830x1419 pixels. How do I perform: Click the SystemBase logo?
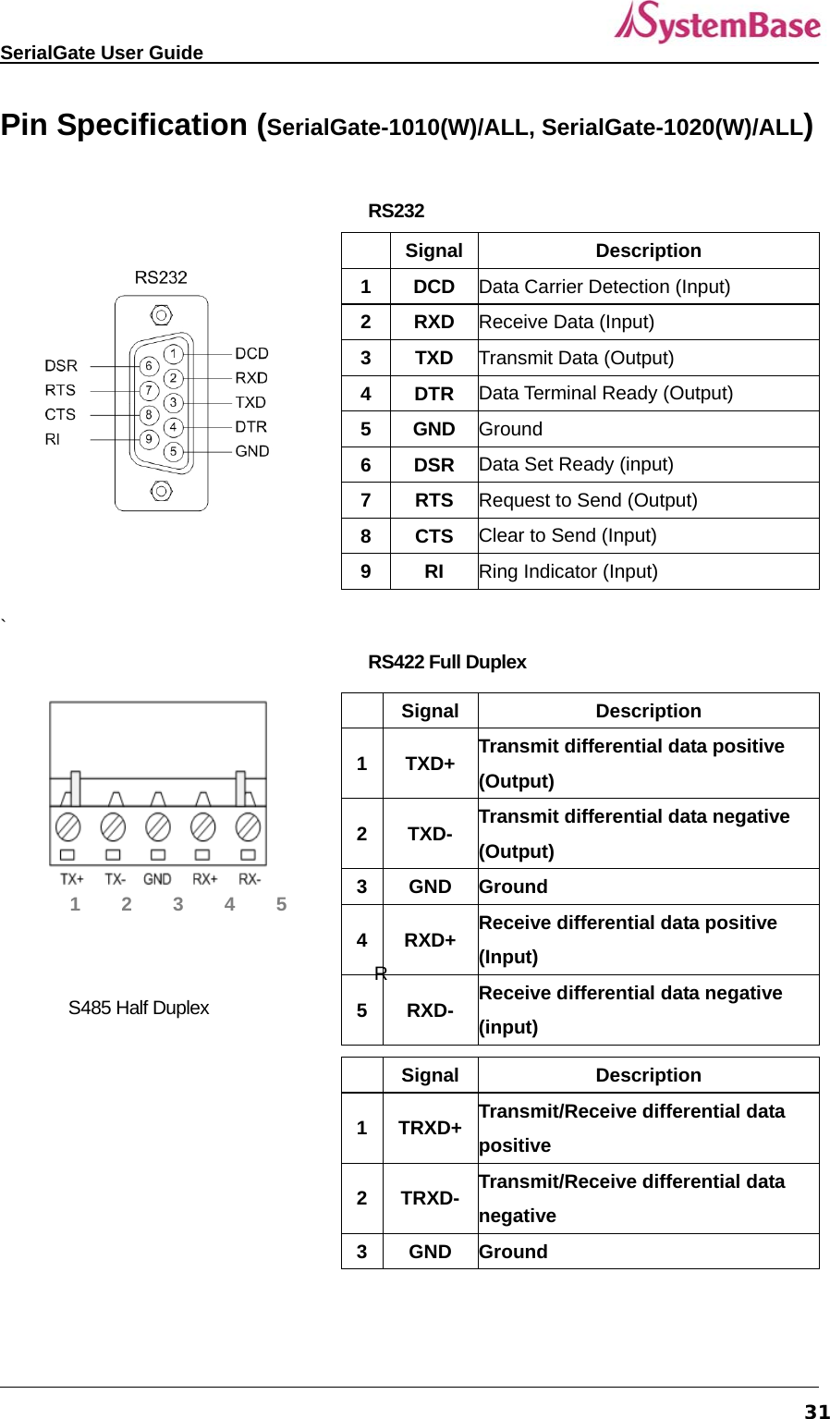coord(717,23)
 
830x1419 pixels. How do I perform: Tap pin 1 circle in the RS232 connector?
coord(173,353)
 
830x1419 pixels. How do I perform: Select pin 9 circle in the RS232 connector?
coord(149,439)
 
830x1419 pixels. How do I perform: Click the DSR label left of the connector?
coord(61,366)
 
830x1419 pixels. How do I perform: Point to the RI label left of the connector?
coord(53,439)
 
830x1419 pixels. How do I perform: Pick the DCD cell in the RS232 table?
coord(433,287)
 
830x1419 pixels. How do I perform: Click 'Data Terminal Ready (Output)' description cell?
coord(606,394)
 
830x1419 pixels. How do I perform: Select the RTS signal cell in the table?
coord(433,500)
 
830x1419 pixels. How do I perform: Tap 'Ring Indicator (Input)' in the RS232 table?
coord(568,571)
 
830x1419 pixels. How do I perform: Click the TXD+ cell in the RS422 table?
coord(430,764)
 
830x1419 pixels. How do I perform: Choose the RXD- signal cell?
coord(430,1010)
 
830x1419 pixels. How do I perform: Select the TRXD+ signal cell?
coord(430,1128)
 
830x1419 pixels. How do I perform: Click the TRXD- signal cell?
coord(430,1198)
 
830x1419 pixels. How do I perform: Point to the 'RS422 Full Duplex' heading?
coord(447,662)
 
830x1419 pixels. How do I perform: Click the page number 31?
coord(817,1411)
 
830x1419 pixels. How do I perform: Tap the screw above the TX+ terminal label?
coord(68,826)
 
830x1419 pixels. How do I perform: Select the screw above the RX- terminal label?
coord(248,826)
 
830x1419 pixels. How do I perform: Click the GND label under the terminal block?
coord(157,879)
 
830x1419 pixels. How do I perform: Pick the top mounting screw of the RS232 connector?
coord(161,316)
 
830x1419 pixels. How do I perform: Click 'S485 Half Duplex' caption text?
coord(139,1008)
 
